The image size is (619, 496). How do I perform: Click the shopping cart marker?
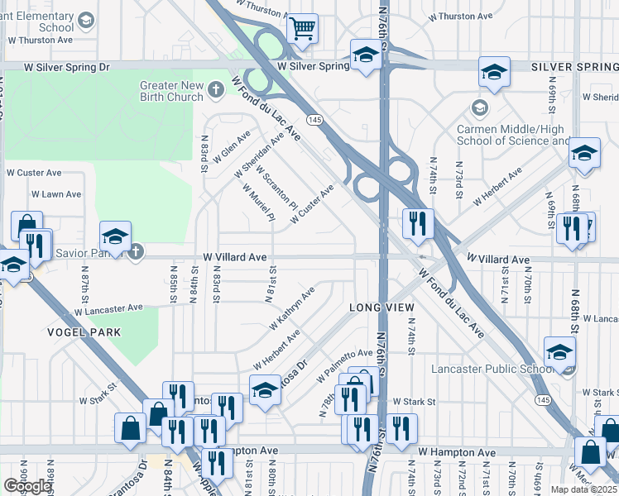point(303,29)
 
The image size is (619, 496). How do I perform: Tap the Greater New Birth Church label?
point(171,91)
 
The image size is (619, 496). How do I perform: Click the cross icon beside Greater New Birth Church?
point(216,89)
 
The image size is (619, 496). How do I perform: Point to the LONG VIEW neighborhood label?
point(381,308)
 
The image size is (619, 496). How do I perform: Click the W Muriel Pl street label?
point(258,202)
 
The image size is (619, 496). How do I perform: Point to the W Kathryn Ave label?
point(291,308)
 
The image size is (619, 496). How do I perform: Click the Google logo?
point(27,486)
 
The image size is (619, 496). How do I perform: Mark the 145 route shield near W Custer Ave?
point(315,120)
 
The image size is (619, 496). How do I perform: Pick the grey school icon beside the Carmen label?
point(479,108)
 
